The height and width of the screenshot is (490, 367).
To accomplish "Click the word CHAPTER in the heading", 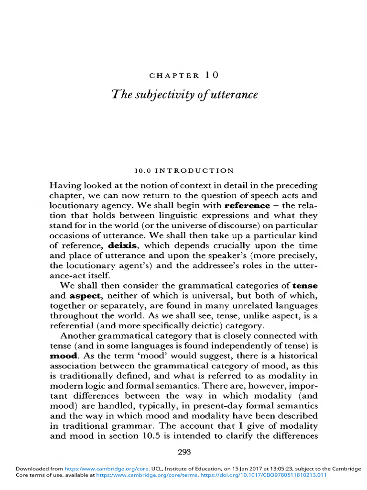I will tap(174, 75).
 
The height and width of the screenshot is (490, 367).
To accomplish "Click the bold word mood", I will tap(63, 356).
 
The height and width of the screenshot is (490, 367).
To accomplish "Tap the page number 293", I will tap(184, 452).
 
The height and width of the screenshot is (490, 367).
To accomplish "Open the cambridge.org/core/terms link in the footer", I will tap(131, 475).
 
